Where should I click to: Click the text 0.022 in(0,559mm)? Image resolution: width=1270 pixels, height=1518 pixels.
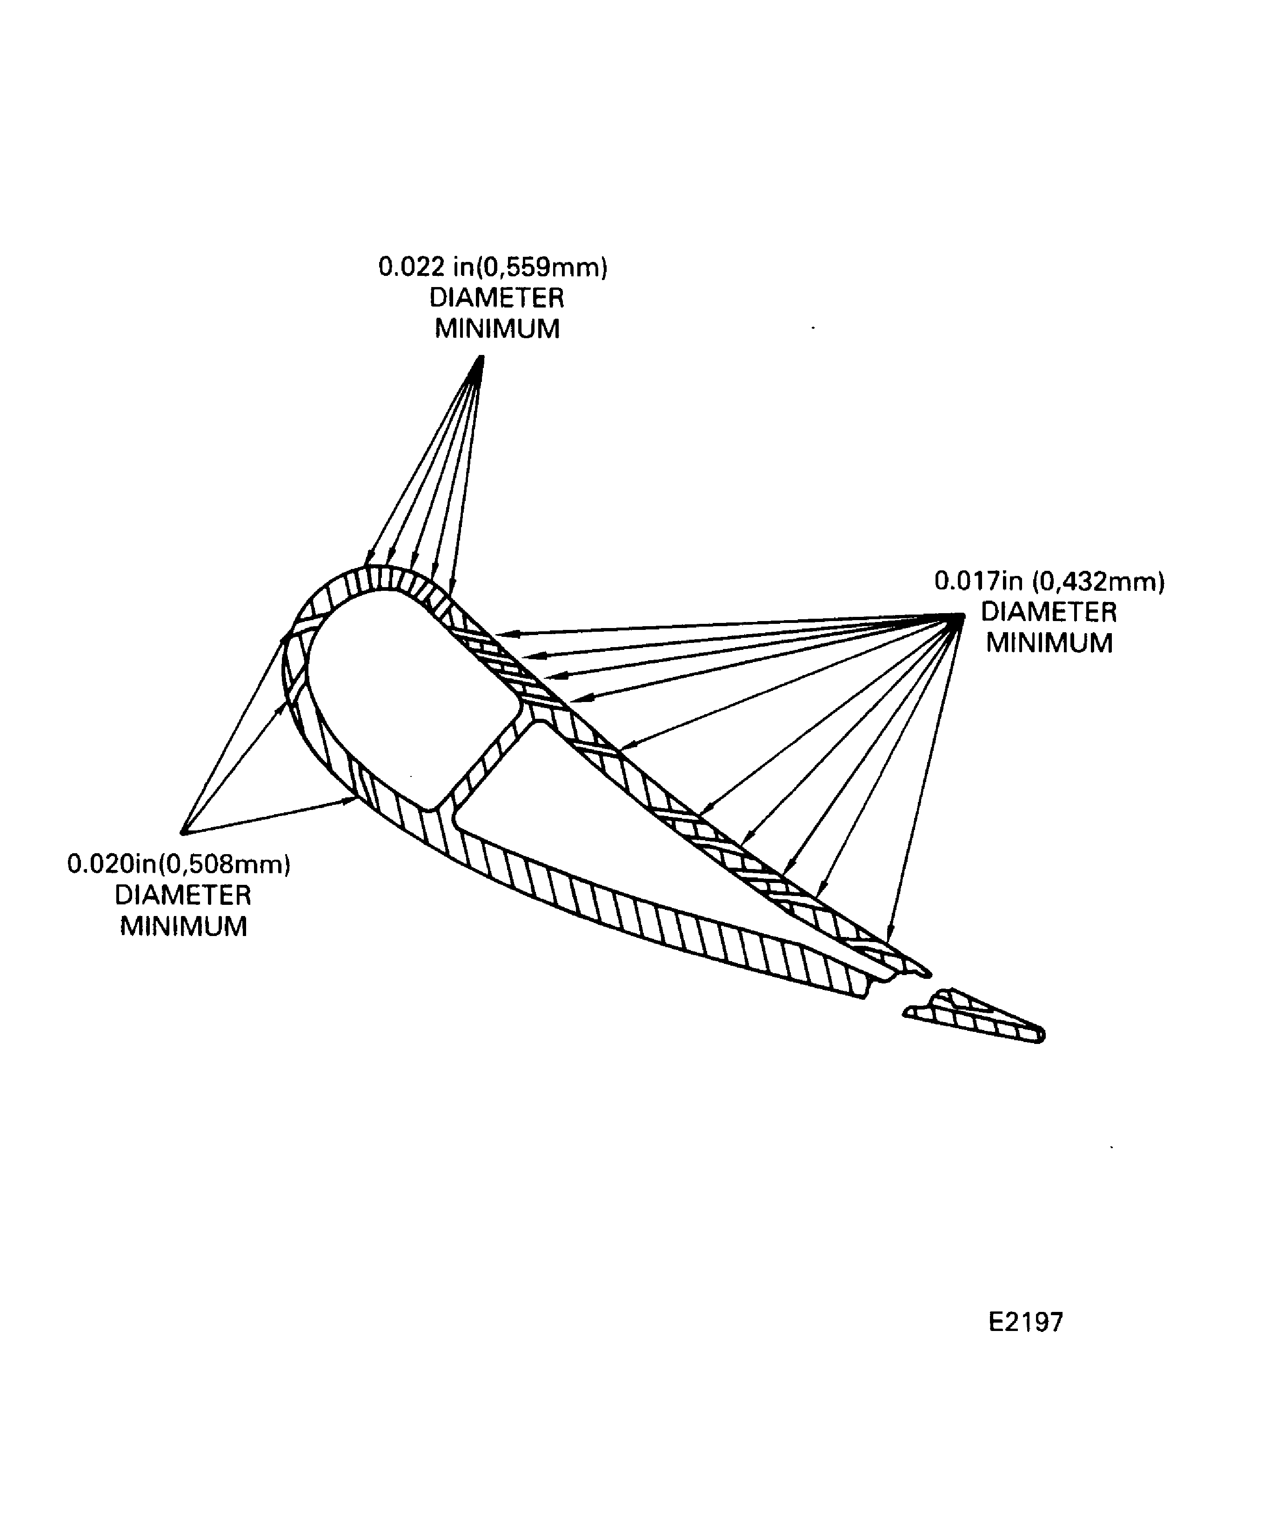point(493,267)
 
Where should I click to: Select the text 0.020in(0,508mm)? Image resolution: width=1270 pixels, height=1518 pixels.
point(179,864)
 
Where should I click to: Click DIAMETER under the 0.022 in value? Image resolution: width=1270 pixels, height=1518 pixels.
point(496,298)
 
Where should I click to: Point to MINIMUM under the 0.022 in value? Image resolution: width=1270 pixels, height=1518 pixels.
point(497,329)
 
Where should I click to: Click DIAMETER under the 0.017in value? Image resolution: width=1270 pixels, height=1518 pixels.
point(1049,612)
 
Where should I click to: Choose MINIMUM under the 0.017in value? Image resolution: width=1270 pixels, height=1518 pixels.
point(1049,643)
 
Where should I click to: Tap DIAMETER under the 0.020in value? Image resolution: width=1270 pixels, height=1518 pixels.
point(183,896)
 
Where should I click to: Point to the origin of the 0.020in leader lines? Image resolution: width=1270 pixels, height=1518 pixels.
point(184,831)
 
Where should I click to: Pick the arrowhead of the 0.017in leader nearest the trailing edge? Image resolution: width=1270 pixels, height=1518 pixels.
point(890,937)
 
